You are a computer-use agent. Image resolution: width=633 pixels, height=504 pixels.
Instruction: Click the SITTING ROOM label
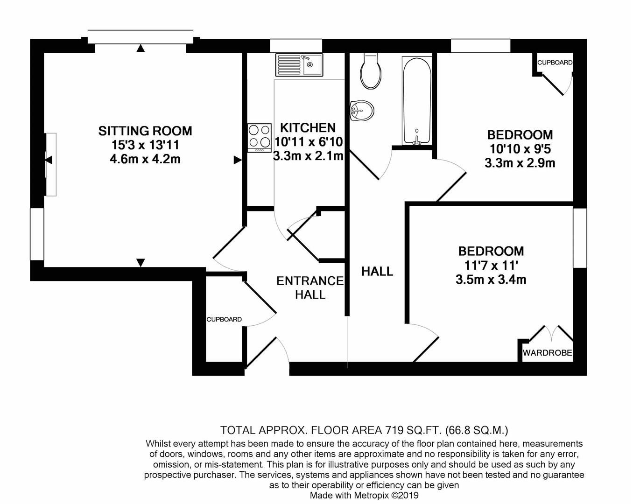pos(145,131)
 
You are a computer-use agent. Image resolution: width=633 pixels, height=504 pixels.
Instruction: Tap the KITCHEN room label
pos(308,127)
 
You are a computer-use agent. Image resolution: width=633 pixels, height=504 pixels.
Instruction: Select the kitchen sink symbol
pos(299,64)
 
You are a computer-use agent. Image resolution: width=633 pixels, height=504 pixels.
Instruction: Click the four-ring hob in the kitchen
pos(260,137)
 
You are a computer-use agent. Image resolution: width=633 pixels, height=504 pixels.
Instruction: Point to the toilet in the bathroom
pos(371,71)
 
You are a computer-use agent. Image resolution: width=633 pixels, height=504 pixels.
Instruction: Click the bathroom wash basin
pos(362,111)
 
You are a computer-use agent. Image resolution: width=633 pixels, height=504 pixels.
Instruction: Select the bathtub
pos(417,100)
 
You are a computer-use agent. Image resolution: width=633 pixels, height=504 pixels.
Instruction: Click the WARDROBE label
pos(547,353)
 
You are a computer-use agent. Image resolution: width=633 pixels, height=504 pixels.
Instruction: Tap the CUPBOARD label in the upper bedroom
pos(555,63)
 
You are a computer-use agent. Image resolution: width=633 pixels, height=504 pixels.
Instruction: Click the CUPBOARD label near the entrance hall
pos(224,320)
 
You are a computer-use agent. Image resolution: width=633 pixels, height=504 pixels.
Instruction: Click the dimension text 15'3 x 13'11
pos(145,145)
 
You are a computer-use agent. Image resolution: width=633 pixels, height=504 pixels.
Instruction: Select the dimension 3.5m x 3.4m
pos(491,280)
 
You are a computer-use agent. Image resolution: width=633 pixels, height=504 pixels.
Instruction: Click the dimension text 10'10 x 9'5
pos(520,149)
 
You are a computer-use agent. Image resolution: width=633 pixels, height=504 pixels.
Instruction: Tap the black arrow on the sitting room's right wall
pos(238,160)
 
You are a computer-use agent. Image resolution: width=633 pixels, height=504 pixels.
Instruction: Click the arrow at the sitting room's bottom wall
pos(141,263)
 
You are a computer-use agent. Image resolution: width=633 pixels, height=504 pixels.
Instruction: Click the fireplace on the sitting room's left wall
pos(50,164)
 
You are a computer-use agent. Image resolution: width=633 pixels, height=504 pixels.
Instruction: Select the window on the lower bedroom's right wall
pos(580,238)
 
